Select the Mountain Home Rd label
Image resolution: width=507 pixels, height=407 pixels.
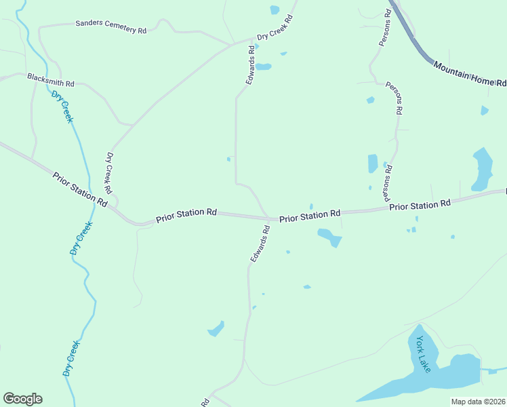pyautogui.click(x=470, y=74)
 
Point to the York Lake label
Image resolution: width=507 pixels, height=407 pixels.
pyautogui.click(x=424, y=354)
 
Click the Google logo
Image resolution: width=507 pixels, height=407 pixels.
pyautogui.click(x=22, y=399)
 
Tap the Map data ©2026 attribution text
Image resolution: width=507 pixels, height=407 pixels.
pyautogui.click(x=479, y=402)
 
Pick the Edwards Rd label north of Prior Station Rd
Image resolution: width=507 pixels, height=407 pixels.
pyautogui.click(x=251, y=64)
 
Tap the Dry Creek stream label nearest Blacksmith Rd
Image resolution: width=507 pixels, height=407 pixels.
pyautogui.click(x=62, y=106)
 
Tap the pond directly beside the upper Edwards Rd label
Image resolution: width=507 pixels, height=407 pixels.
pyautogui.click(x=264, y=66)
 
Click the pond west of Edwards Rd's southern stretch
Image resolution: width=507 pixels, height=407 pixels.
pyautogui.click(x=216, y=329)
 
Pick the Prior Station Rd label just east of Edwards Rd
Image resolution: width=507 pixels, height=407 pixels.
pyautogui.click(x=310, y=216)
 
